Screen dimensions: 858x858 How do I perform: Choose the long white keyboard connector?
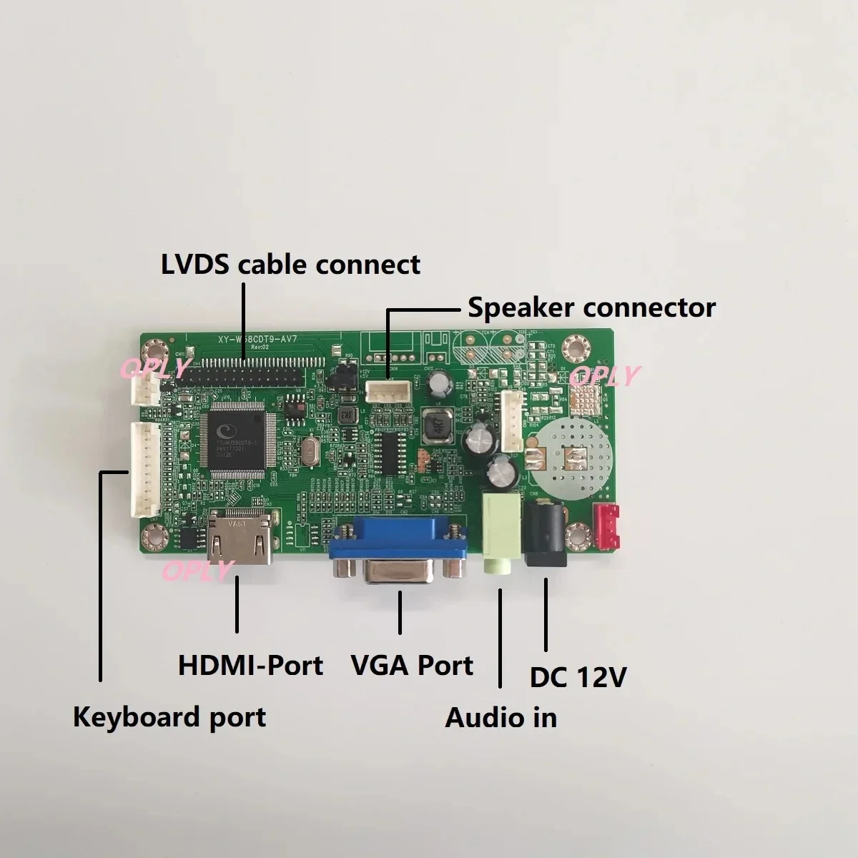(x=144, y=468)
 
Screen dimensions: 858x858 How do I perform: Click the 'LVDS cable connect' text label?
(x=290, y=265)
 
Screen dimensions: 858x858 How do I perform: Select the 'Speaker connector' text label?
(x=591, y=307)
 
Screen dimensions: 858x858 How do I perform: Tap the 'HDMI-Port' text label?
(x=250, y=666)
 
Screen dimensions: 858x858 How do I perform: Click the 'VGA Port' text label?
(x=412, y=666)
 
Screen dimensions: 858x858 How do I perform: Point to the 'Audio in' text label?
(x=500, y=717)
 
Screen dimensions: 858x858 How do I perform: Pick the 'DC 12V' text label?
(x=578, y=677)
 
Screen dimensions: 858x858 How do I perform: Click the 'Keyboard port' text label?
(x=169, y=716)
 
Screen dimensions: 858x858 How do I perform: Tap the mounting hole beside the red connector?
(x=577, y=535)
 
